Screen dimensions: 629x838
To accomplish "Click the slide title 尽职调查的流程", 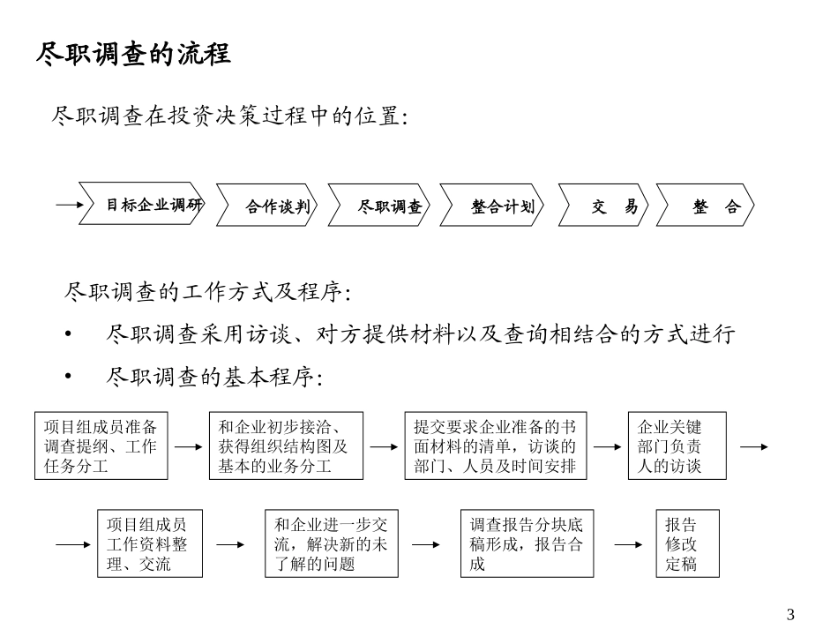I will (x=133, y=54).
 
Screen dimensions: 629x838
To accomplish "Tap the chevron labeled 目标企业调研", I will (x=143, y=206).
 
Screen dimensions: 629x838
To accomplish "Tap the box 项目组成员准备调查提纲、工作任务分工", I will (x=100, y=446).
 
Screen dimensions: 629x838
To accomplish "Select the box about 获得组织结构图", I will (x=285, y=446).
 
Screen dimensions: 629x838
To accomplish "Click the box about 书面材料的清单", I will (x=495, y=446).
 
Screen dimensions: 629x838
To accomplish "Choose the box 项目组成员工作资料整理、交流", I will (x=146, y=543).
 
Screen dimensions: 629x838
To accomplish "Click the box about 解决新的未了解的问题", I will (x=331, y=543).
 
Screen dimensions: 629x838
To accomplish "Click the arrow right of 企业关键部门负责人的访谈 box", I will (x=753, y=446).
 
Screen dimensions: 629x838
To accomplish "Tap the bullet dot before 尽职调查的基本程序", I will (x=69, y=378).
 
